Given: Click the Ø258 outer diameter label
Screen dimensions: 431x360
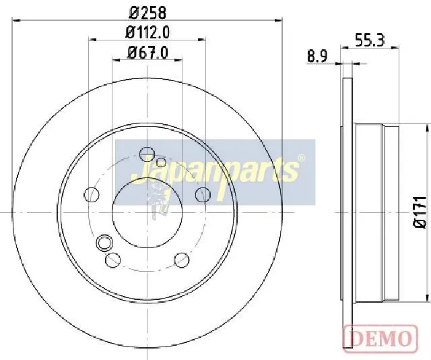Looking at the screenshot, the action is point(147,13).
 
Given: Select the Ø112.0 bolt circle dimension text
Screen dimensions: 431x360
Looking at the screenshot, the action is point(147,32).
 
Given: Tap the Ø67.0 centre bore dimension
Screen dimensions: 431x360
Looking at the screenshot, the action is point(147,53).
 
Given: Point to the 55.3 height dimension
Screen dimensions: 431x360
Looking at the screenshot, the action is point(370,40).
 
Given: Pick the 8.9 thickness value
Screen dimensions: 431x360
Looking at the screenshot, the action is point(317,57).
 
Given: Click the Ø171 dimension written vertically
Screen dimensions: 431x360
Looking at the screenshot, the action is point(420,212).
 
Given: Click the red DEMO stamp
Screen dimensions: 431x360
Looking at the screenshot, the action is point(380,339).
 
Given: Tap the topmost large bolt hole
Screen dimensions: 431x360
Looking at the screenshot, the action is point(147,154).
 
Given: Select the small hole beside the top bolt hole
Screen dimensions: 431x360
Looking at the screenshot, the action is point(161,162).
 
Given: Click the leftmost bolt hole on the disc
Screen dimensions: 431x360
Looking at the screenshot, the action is point(92,194).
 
